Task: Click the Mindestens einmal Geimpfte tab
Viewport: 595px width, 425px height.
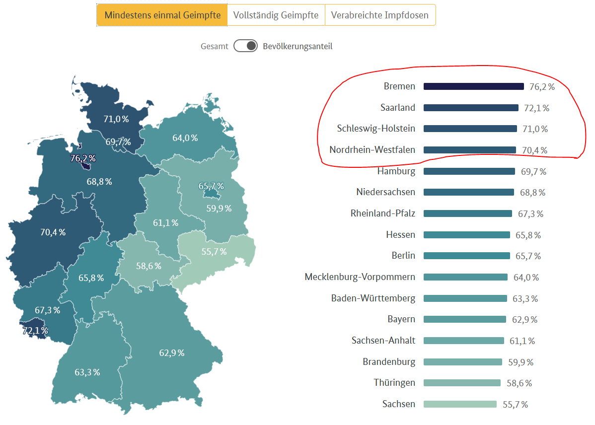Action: coord(162,15)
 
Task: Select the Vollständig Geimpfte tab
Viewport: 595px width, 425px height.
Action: coord(276,15)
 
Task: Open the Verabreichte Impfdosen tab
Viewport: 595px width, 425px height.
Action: coord(380,15)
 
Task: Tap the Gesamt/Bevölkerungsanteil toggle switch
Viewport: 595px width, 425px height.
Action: coord(245,46)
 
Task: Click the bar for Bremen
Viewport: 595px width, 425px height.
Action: coord(473,86)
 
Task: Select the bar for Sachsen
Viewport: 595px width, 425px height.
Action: coord(460,404)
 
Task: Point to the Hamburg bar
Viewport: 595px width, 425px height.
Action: coord(469,171)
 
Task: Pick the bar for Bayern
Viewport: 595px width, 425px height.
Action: coord(464,319)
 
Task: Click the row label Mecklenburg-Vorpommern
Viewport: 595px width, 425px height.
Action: coord(360,277)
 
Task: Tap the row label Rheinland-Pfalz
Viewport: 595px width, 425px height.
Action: coord(382,213)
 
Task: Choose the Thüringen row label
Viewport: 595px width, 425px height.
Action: coord(394,383)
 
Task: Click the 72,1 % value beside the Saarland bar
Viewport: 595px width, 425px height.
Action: coord(536,108)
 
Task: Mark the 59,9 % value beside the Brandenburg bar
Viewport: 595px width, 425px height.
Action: coord(521,362)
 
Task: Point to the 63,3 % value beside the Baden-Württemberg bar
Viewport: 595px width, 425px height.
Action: coord(525,298)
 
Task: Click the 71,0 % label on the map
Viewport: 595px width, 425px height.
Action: coord(116,119)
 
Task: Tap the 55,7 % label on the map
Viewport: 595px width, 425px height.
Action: coord(214,252)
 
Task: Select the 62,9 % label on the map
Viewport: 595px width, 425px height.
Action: coord(172,353)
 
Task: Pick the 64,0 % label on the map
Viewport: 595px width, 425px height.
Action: coord(185,138)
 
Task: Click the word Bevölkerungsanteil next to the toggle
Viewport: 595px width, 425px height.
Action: coord(297,46)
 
